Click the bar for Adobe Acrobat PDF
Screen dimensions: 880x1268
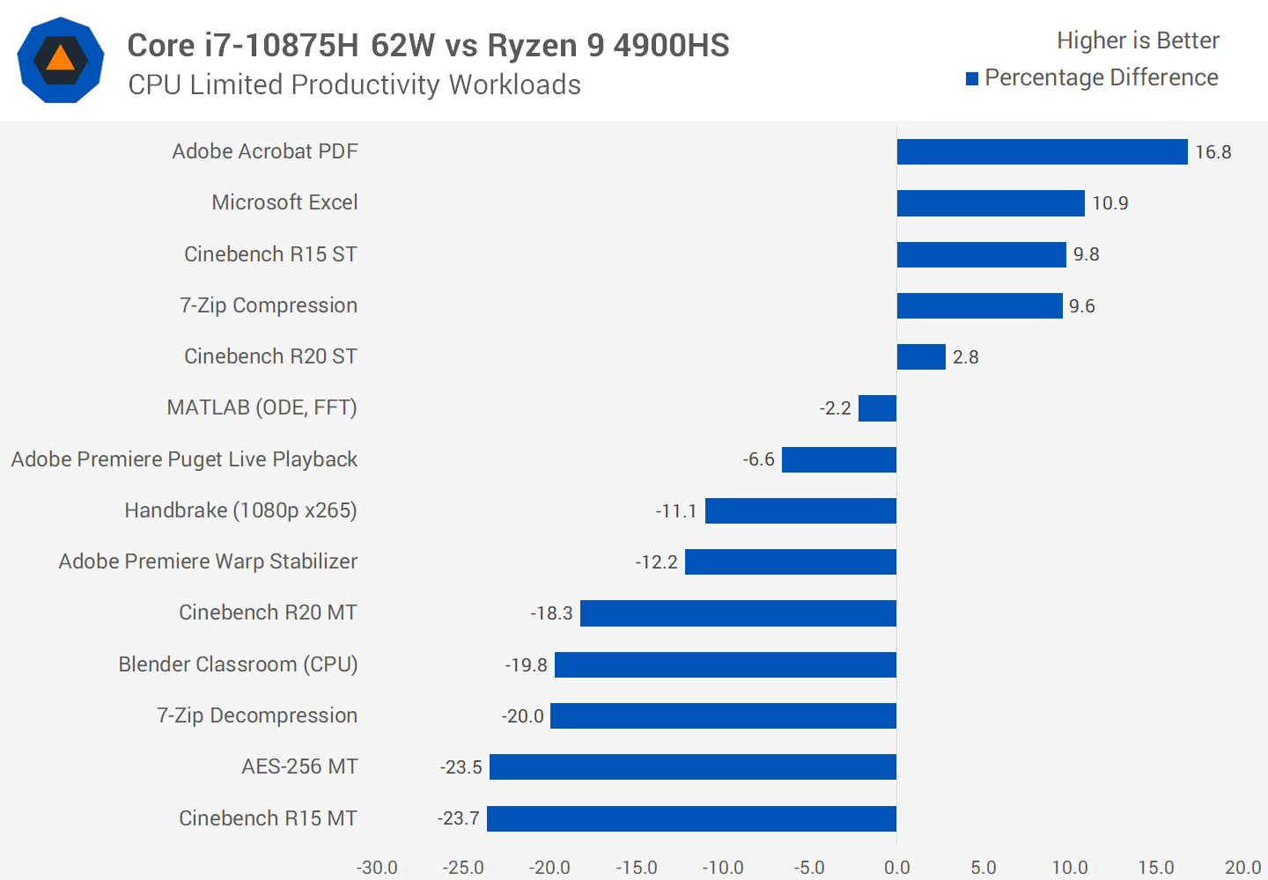(x=1042, y=152)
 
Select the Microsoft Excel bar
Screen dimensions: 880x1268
(x=991, y=203)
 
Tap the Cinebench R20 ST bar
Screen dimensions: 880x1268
(x=921, y=356)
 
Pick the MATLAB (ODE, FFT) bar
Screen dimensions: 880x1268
(x=877, y=408)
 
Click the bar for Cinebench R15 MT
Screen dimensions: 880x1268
(x=691, y=818)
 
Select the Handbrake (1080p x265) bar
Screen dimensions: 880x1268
(x=800, y=510)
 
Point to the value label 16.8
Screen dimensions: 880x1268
(x=1213, y=152)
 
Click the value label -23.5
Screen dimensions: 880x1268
(x=461, y=767)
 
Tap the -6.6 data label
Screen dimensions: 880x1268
(x=758, y=459)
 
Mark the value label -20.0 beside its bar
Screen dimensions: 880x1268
(x=522, y=716)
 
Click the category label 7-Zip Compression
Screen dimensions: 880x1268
(x=269, y=305)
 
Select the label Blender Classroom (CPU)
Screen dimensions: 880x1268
(x=238, y=664)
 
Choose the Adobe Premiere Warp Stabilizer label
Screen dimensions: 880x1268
(x=208, y=561)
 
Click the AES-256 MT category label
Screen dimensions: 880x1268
(x=299, y=766)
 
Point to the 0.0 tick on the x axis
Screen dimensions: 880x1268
(x=896, y=868)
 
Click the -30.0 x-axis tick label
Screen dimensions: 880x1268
(x=377, y=868)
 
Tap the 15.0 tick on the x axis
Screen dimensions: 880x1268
(x=1156, y=868)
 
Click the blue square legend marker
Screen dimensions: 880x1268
(x=972, y=79)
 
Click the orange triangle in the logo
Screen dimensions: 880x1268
(x=60, y=59)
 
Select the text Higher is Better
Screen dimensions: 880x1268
(x=1138, y=40)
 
